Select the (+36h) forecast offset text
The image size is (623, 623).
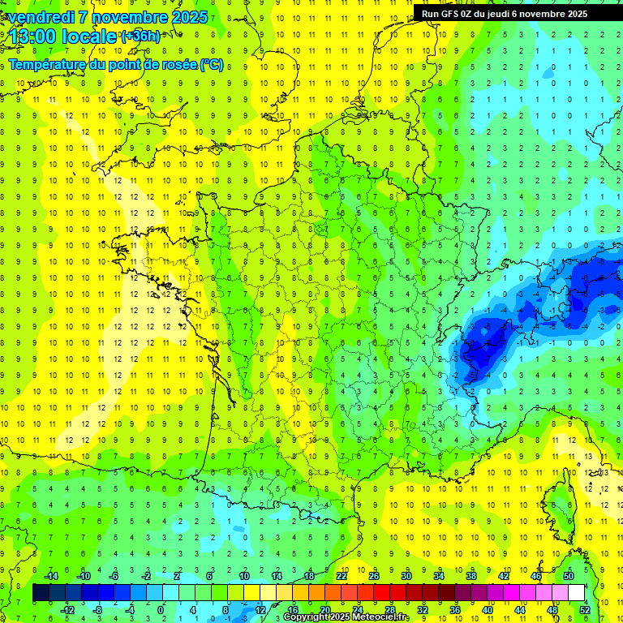[140, 37]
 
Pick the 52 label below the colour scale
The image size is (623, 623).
[584, 610]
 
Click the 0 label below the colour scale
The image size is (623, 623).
[161, 610]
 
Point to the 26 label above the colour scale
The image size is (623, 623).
[374, 575]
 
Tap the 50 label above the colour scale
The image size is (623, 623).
[569, 575]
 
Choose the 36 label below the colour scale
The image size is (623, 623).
[454, 610]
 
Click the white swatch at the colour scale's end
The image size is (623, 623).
[576, 593]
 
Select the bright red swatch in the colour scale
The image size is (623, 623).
[381, 593]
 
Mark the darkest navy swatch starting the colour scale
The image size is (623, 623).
[41, 593]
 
